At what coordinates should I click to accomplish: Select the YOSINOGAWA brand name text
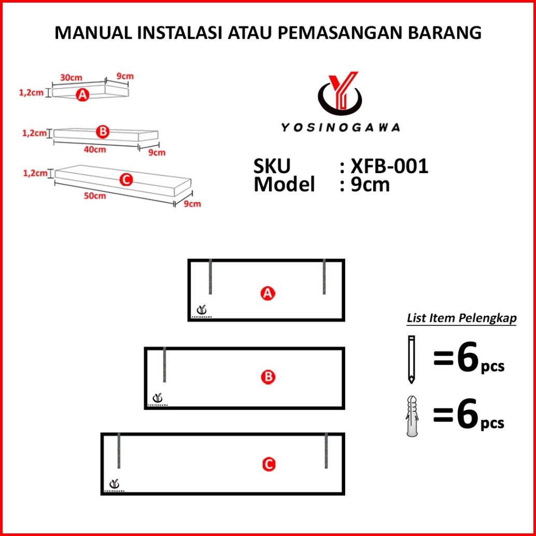click(x=341, y=127)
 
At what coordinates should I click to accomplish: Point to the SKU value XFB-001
click(x=389, y=166)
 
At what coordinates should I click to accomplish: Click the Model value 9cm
click(x=370, y=185)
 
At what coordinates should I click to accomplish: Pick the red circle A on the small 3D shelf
click(x=82, y=95)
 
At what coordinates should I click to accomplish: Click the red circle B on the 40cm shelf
click(x=103, y=132)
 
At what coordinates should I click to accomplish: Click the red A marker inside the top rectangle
click(x=267, y=294)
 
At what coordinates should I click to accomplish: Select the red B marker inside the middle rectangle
click(x=268, y=377)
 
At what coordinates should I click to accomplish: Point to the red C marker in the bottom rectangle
click(x=268, y=465)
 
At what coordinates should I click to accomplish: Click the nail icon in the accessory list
click(x=411, y=359)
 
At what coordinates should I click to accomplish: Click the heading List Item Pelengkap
click(x=461, y=318)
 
